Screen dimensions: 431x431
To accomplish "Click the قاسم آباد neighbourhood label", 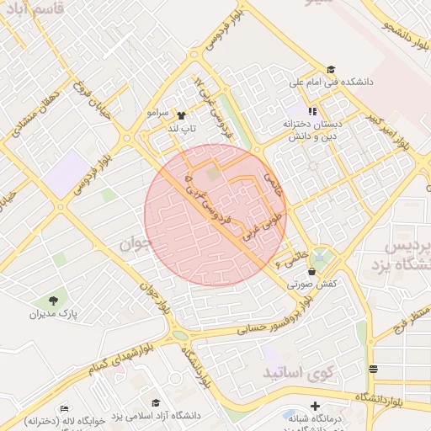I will click(x=30, y=11).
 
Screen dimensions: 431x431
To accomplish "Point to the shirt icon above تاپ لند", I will click(x=182, y=114).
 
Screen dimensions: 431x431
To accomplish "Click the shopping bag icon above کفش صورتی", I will click(x=312, y=272).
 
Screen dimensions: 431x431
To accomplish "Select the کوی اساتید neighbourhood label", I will click(x=299, y=371).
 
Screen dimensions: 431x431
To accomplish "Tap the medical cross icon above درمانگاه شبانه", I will click(x=315, y=406).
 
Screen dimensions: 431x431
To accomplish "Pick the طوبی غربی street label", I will click(x=256, y=223).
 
